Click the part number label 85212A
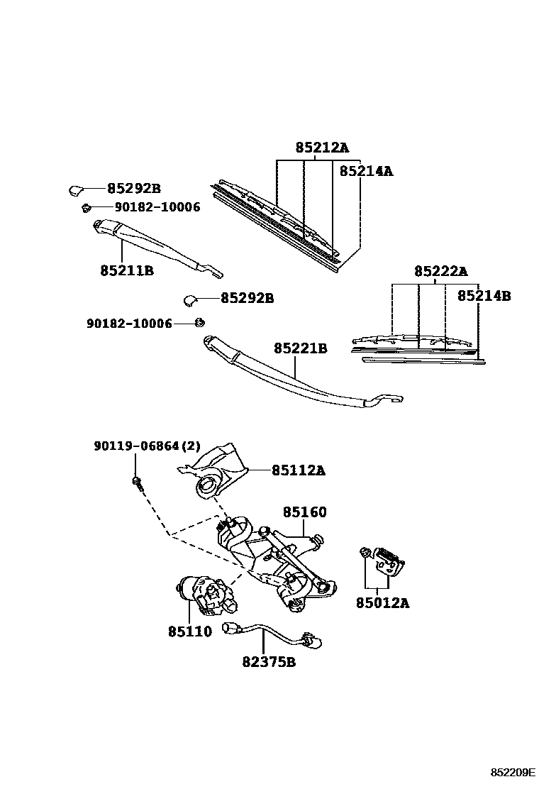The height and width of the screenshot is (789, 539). point(322,148)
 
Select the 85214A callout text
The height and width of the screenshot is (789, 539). point(366,171)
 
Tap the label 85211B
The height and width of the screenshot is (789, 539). point(127,270)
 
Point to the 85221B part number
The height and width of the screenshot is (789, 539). point(301,348)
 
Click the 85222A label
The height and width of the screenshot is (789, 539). point(441,271)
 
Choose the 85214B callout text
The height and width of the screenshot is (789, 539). point(484,296)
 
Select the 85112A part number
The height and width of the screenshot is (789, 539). point(298,470)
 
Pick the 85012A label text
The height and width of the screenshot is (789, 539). point(382,604)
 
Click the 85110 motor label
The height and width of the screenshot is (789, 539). point(189,631)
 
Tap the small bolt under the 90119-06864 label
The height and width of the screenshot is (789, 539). point(135,482)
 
